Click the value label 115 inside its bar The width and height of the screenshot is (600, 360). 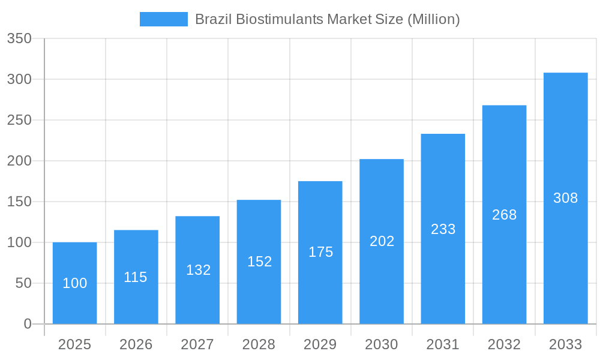pyautogui.click(x=136, y=277)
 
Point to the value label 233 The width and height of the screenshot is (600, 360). pyautogui.click(x=443, y=229)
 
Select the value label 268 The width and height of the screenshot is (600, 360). pyautogui.click(x=504, y=215)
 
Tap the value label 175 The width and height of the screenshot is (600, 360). pyautogui.click(x=320, y=252)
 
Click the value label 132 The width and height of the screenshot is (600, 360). pyautogui.click(x=198, y=270)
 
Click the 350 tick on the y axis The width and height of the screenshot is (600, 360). pyautogui.click(x=19, y=38)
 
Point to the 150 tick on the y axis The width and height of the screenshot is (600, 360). pyautogui.click(x=19, y=202)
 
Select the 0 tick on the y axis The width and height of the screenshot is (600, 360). pyautogui.click(x=28, y=324)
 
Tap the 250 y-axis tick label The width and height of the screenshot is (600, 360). pyautogui.click(x=19, y=120)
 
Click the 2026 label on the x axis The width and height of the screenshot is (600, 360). pyautogui.click(x=136, y=344)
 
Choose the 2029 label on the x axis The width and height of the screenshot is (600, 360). pyautogui.click(x=320, y=344)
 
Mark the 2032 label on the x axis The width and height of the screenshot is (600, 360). pyautogui.click(x=504, y=344)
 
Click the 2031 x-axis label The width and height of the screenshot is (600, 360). pyautogui.click(x=443, y=344)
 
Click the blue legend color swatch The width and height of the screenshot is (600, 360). pyautogui.click(x=163, y=19)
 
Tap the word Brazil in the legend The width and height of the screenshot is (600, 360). pyautogui.click(x=213, y=19)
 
